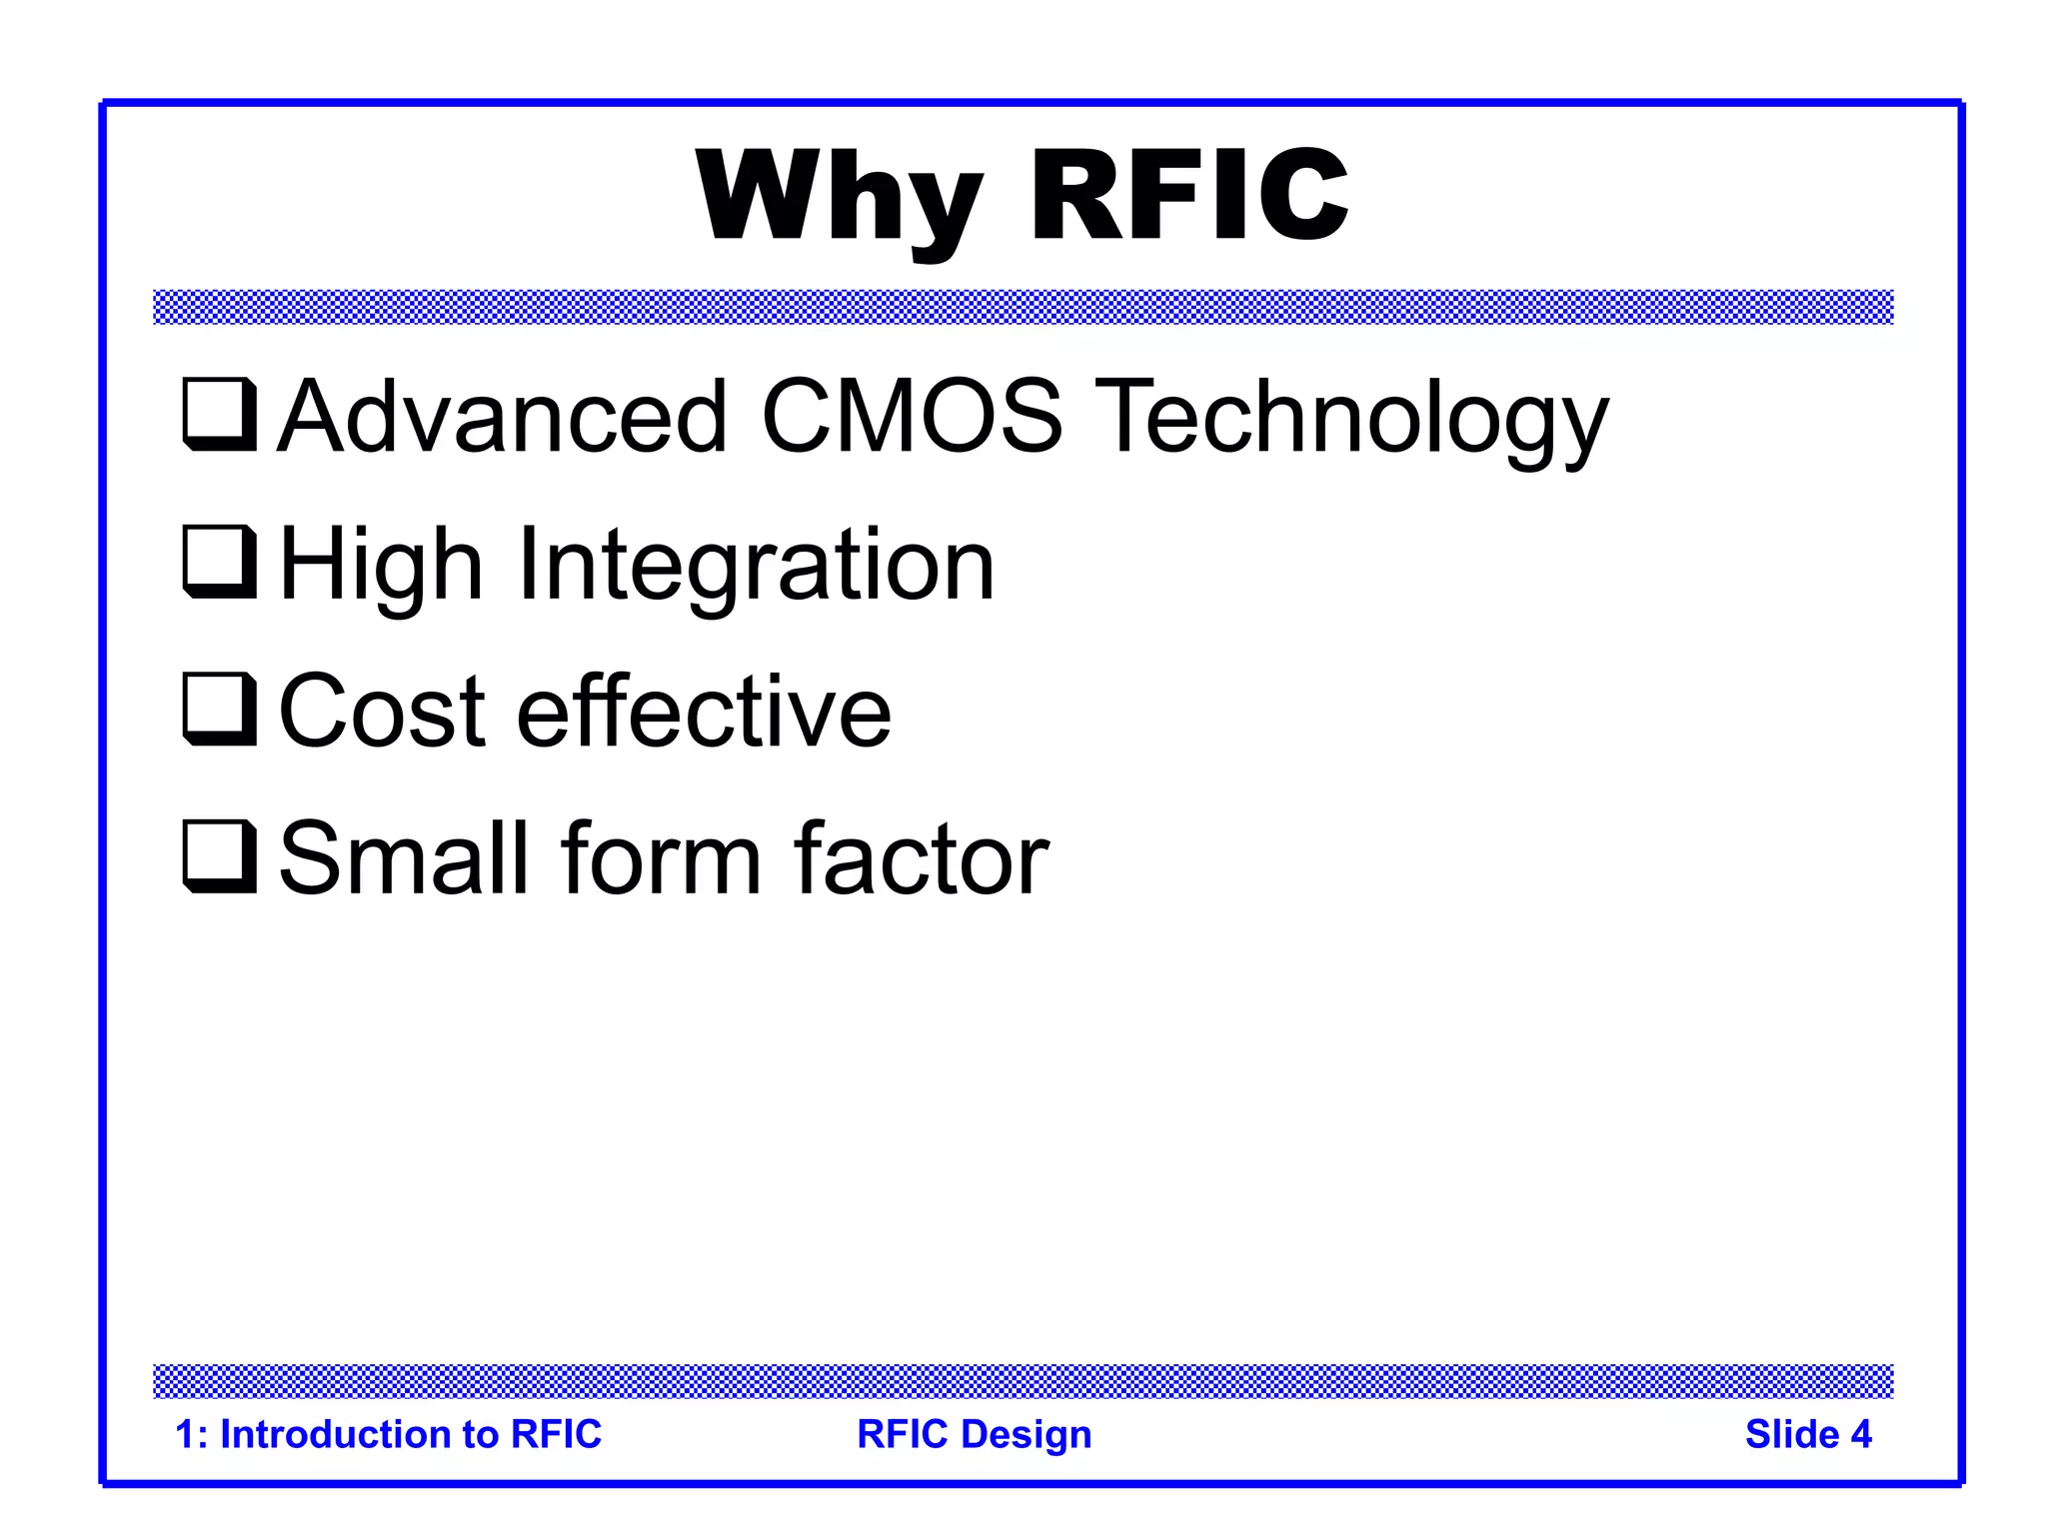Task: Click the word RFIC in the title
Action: tap(1189, 195)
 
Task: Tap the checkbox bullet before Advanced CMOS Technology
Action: tap(219, 414)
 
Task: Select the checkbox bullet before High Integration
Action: tap(219, 562)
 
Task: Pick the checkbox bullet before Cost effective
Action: tap(219, 709)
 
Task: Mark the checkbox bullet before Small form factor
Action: tap(219, 856)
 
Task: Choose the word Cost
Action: tap(381, 712)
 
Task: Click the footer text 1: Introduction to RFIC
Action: tap(388, 1434)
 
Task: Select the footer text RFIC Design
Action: tap(974, 1434)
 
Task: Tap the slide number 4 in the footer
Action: tap(1860, 1434)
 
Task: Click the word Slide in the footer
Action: tap(1791, 1434)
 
